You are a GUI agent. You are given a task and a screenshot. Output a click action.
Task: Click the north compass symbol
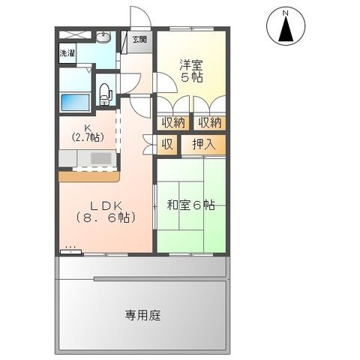click(x=286, y=28)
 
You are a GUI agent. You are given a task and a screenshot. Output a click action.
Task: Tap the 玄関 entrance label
click(x=140, y=39)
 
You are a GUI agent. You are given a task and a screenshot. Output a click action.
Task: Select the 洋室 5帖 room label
click(x=190, y=70)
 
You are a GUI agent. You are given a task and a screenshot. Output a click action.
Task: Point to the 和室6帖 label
click(x=191, y=204)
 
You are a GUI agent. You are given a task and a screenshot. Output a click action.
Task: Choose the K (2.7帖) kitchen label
click(x=88, y=133)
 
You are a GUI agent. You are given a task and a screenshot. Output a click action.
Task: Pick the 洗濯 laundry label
click(x=67, y=53)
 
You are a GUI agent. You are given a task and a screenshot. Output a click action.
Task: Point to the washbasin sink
click(x=103, y=39)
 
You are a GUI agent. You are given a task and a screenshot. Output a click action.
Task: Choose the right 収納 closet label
click(x=209, y=122)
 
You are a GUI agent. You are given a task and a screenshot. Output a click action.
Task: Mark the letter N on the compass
click(x=286, y=13)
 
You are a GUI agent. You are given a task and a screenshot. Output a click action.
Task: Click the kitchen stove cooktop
click(x=99, y=158)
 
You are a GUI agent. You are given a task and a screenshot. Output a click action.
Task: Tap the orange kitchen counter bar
click(x=88, y=177)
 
